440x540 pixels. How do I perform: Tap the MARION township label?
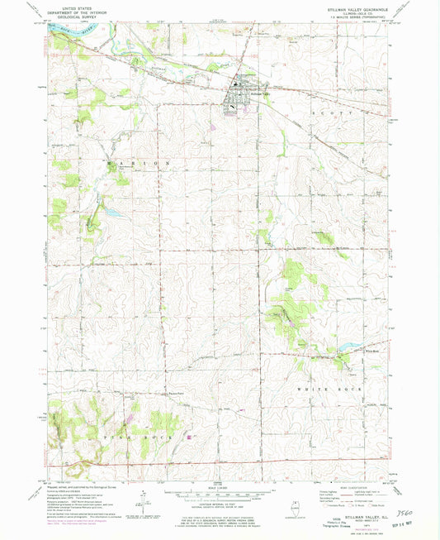[140, 165]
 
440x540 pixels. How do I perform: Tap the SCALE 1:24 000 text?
[219, 481]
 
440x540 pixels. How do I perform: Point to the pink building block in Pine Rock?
[188, 437]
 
